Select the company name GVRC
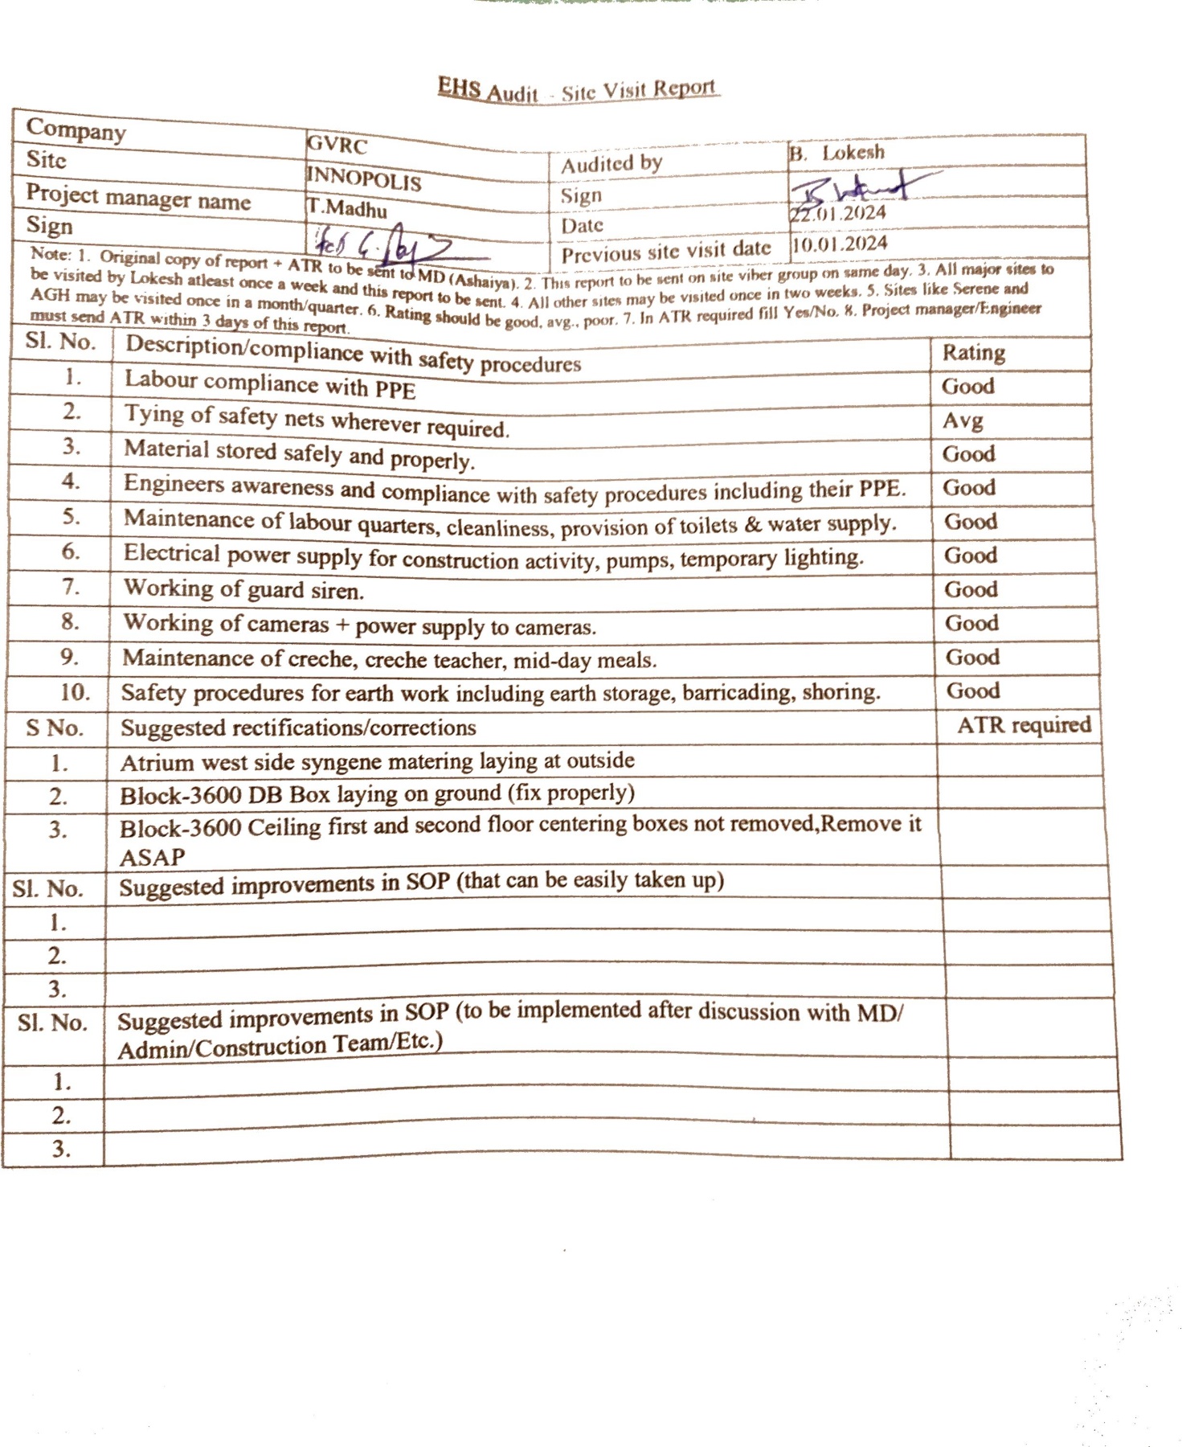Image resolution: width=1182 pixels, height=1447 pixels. pos(337,146)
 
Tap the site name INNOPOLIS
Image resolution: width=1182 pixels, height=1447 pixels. pos(364,178)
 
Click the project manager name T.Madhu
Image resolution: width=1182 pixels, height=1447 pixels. pos(346,207)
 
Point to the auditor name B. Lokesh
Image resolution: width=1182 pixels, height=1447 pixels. pos(837,153)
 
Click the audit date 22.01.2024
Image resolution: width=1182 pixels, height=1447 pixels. pos(838,214)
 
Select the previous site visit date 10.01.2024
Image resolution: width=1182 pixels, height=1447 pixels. pos(840,244)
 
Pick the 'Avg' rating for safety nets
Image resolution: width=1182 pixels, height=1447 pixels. pos(963,420)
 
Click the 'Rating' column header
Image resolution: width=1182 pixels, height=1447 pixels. pos(973,353)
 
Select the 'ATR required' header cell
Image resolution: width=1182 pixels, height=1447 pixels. pos(1024,725)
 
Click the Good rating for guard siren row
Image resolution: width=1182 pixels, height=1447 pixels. pos(971,589)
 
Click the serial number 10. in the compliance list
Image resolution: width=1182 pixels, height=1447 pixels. pos(75,692)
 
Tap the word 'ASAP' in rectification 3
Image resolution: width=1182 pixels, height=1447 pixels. pos(152,858)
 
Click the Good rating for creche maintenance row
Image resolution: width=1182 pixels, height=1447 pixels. pos(972,657)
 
